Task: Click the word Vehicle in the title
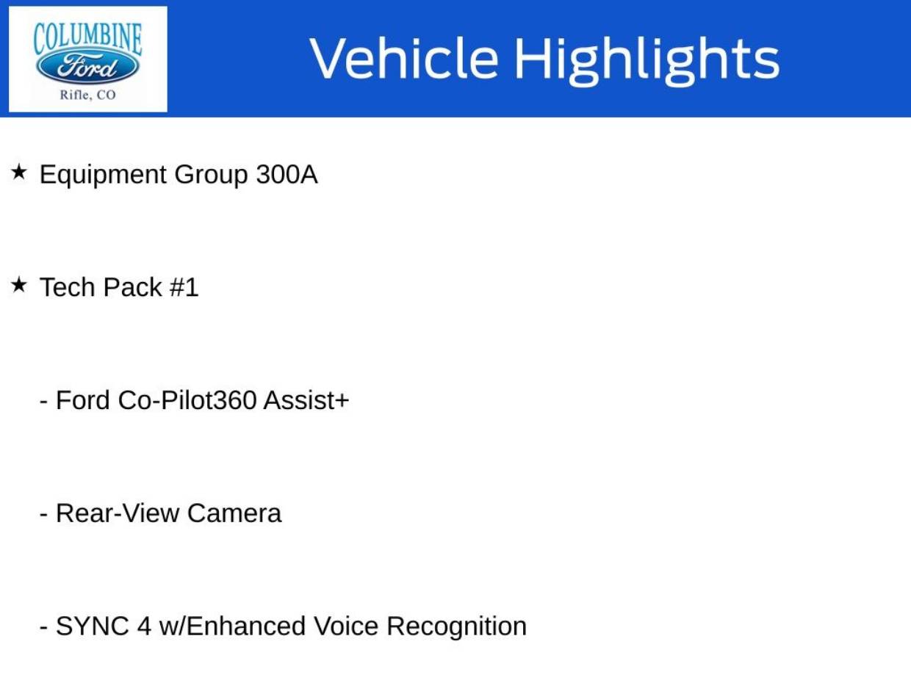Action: pos(403,59)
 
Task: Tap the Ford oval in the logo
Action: pos(87,68)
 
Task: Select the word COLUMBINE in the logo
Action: pos(87,37)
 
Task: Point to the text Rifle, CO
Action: pos(87,95)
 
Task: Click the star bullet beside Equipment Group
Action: pos(19,173)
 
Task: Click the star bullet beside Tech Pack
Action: pos(19,286)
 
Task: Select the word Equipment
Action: pos(103,176)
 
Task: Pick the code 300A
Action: pos(287,175)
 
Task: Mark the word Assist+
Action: pos(306,400)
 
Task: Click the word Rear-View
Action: pos(118,513)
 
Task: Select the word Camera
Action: pos(234,513)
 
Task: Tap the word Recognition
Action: pos(456,627)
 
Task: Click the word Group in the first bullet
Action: pos(212,176)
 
